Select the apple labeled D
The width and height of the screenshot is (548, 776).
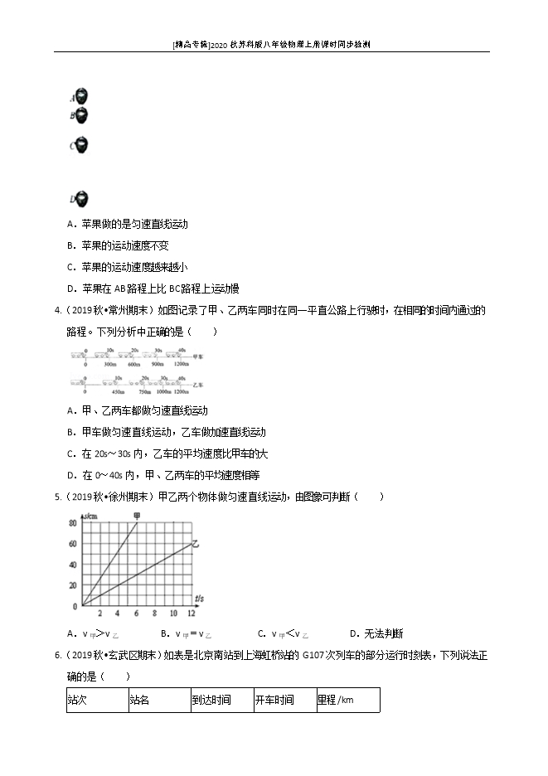tap(81, 199)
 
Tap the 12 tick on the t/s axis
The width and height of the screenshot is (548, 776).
tap(192, 614)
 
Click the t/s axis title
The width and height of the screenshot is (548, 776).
tap(201, 598)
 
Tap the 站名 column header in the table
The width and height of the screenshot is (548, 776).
tap(139, 700)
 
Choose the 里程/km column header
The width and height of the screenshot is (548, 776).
tap(335, 700)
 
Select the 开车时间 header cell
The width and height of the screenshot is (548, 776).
tap(274, 700)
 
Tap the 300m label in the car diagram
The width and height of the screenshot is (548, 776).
tap(109, 366)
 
